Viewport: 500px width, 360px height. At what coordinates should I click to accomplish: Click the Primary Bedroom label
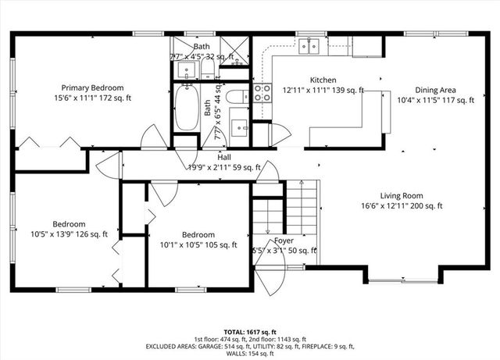(91, 88)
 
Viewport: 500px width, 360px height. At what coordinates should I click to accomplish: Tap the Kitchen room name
(323, 80)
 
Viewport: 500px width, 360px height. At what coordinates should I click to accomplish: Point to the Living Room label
(401, 196)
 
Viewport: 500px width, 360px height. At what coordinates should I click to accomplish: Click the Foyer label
(284, 241)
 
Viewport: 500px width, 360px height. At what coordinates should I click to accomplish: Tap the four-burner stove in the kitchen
(262, 94)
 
